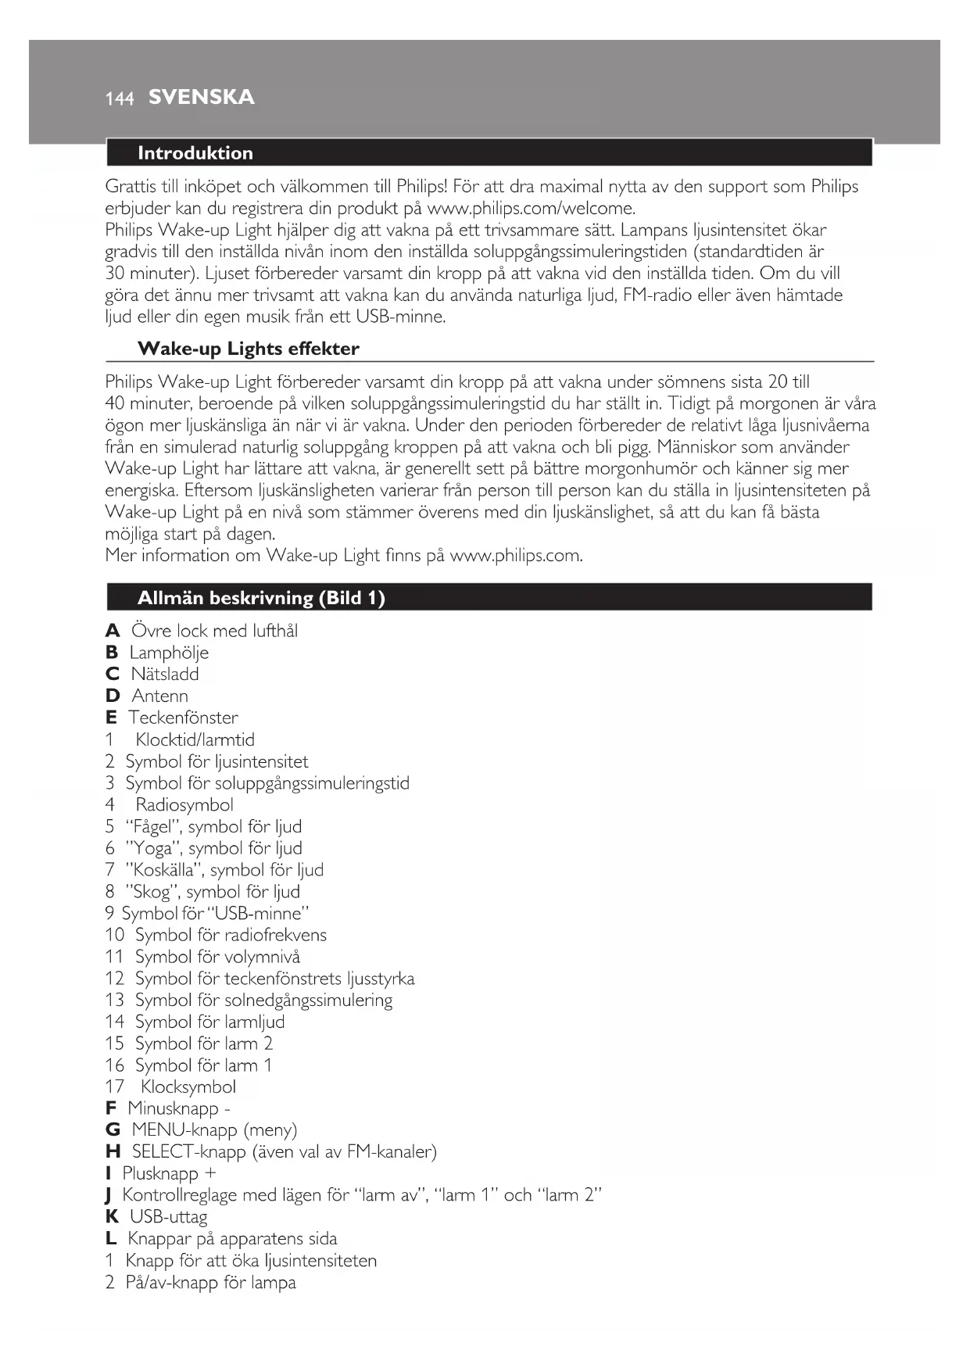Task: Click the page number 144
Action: (x=119, y=98)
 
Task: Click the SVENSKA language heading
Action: (x=201, y=98)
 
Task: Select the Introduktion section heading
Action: (x=195, y=153)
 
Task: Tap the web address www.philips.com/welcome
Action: (x=531, y=209)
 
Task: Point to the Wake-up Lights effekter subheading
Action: (x=248, y=349)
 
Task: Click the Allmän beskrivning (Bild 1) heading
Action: (x=261, y=599)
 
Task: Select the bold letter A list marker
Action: (x=113, y=631)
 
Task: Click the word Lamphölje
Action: (x=169, y=653)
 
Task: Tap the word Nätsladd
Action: (x=164, y=674)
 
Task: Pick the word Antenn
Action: (x=159, y=696)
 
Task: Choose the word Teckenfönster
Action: (x=183, y=718)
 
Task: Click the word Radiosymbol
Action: (x=184, y=804)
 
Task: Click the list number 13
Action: (x=115, y=1000)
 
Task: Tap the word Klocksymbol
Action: (x=188, y=1086)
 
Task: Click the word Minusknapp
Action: (x=173, y=1108)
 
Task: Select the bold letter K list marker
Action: (x=112, y=1217)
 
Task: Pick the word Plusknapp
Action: (x=160, y=1173)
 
